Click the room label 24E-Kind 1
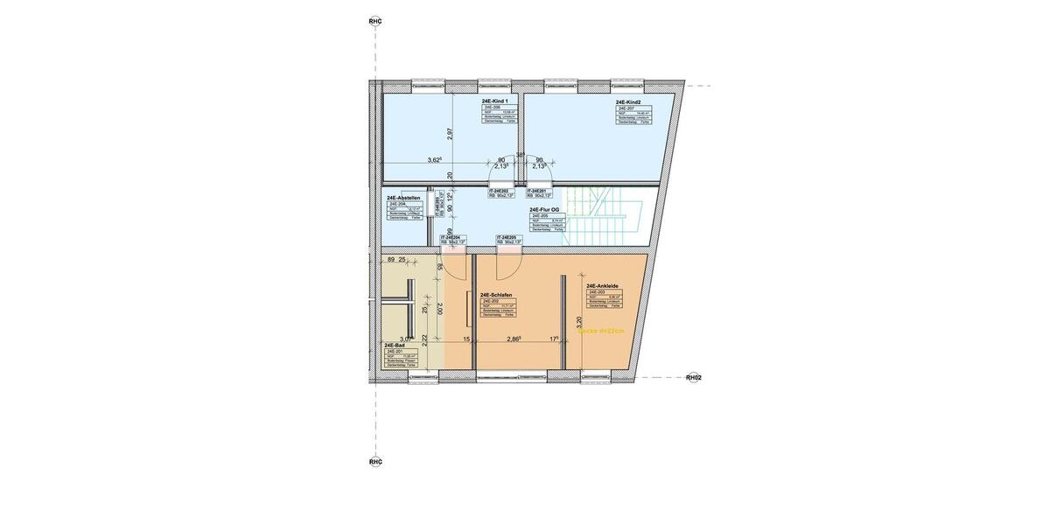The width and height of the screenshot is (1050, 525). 495,102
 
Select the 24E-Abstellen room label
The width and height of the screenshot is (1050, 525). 403,198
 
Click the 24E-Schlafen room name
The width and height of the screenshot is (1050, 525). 496,295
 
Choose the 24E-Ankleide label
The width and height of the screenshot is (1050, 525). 604,285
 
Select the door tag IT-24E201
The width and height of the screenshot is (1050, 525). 536,191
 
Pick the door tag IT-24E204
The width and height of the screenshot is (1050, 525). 452,237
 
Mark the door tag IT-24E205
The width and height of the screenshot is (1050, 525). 510,237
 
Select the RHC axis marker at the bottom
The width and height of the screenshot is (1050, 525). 375,461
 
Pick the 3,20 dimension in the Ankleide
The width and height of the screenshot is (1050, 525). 577,322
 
